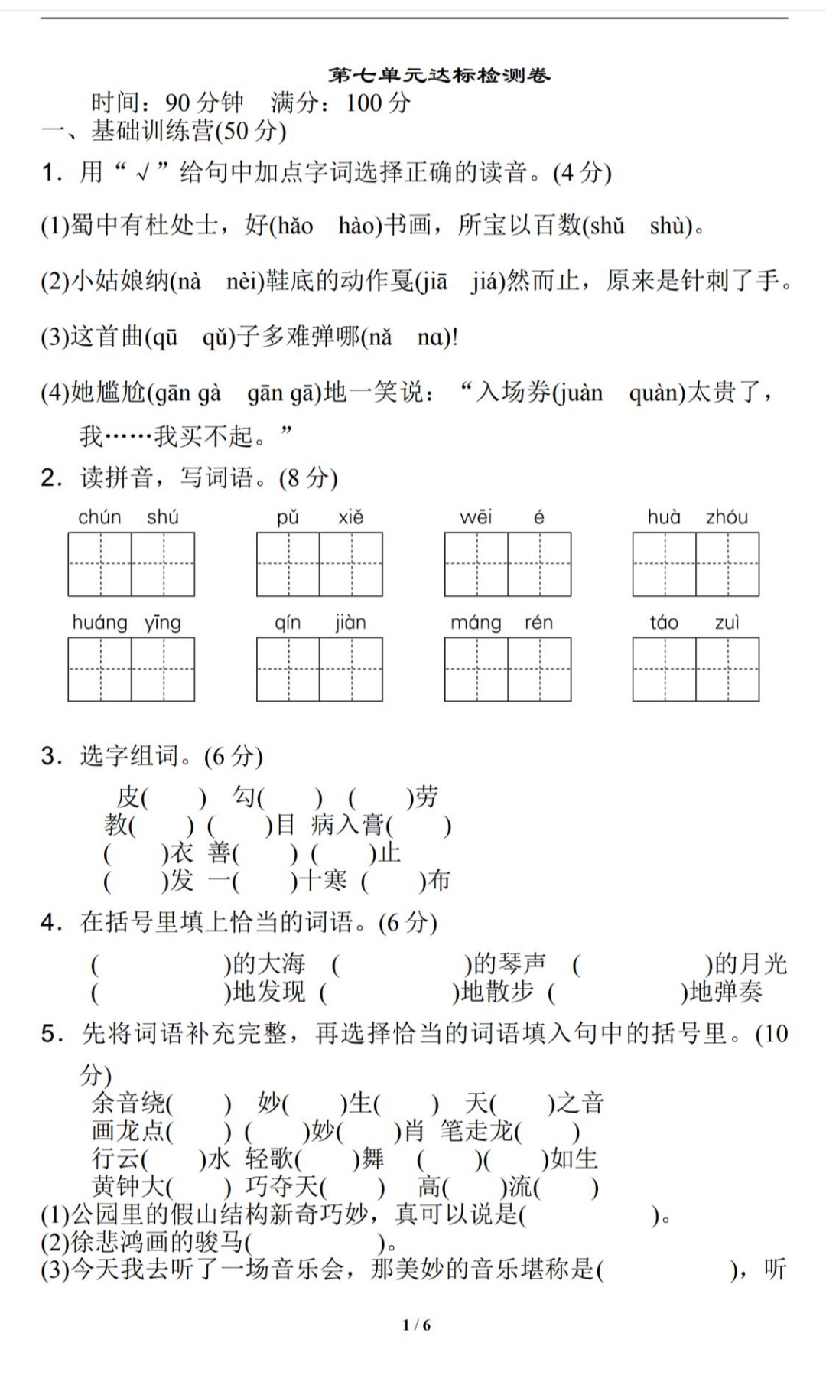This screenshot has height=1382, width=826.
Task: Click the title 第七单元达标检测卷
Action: pyautogui.click(x=439, y=76)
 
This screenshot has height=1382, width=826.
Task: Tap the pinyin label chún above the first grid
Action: pyautogui.click(x=99, y=517)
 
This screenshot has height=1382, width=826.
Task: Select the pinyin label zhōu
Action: pyautogui.click(x=727, y=517)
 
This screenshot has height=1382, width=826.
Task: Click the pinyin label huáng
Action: pyautogui.click(x=99, y=623)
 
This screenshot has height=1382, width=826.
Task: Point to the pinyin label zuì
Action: pyautogui.click(x=727, y=623)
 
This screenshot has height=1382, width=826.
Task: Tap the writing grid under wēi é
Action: pyautogui.click(x=508, y=565)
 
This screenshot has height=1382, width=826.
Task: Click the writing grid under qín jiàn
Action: pyautogui.click(x=320, y=670)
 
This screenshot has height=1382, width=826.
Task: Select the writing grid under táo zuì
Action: pyautogui.click(x=696, y=670)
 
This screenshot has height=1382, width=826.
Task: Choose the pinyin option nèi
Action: pyautogui.click(x=244, y=282)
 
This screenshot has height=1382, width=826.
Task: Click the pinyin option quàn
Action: pyautogui.click(x=656, y=394)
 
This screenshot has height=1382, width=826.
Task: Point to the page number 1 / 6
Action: pyautogui.click(x=417, y=1325)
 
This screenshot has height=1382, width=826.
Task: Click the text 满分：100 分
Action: pyautogui.click(x=341, y=103)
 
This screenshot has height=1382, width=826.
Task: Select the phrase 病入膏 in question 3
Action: pyautogui.click(x=348, y=826)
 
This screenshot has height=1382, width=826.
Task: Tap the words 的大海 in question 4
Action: pyautogui.click(x=268, y=963)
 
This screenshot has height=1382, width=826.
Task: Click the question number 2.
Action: pyautogui.click(x=51, y=479)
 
